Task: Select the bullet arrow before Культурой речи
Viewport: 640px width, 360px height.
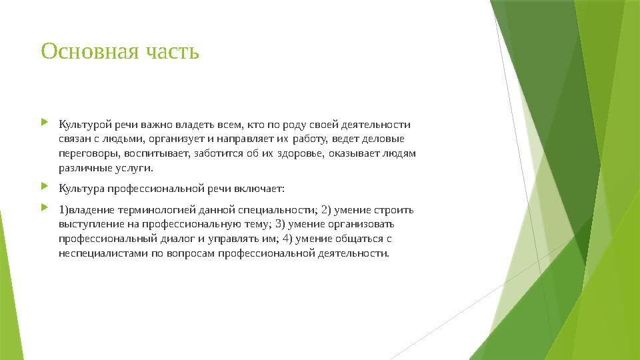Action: click(45, 123)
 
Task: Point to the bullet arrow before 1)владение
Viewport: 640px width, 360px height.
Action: click(45, 209)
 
